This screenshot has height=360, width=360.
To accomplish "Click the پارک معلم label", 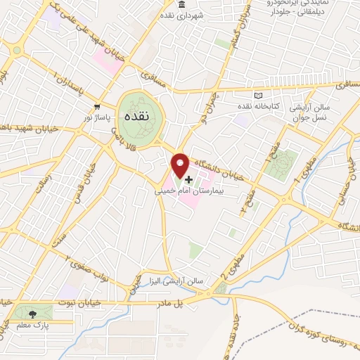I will [x=27, y=326].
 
